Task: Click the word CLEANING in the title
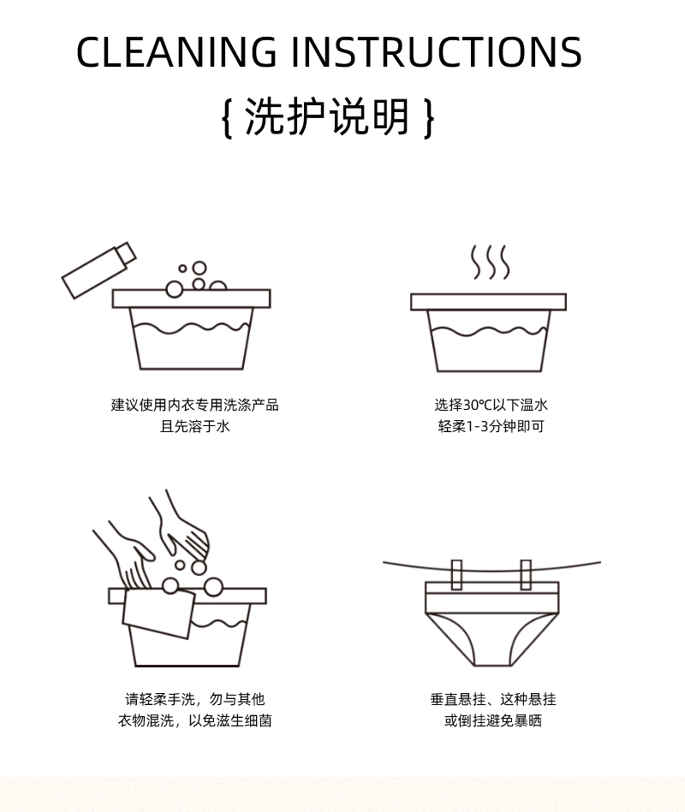[176, 53]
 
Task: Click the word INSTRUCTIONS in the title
[437, 53]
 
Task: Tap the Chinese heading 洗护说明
[328, 116]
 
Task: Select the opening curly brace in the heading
[227, 117]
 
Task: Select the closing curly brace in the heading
[429, 117]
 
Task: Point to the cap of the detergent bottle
[126, 252]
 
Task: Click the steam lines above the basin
[490, 262]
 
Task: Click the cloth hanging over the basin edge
[158, 612]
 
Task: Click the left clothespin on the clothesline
[456, 575]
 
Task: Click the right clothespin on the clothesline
[525, 575]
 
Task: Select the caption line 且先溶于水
[195, 426]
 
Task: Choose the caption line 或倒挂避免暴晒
[492, 720]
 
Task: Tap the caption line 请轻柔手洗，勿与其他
[195, 699]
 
